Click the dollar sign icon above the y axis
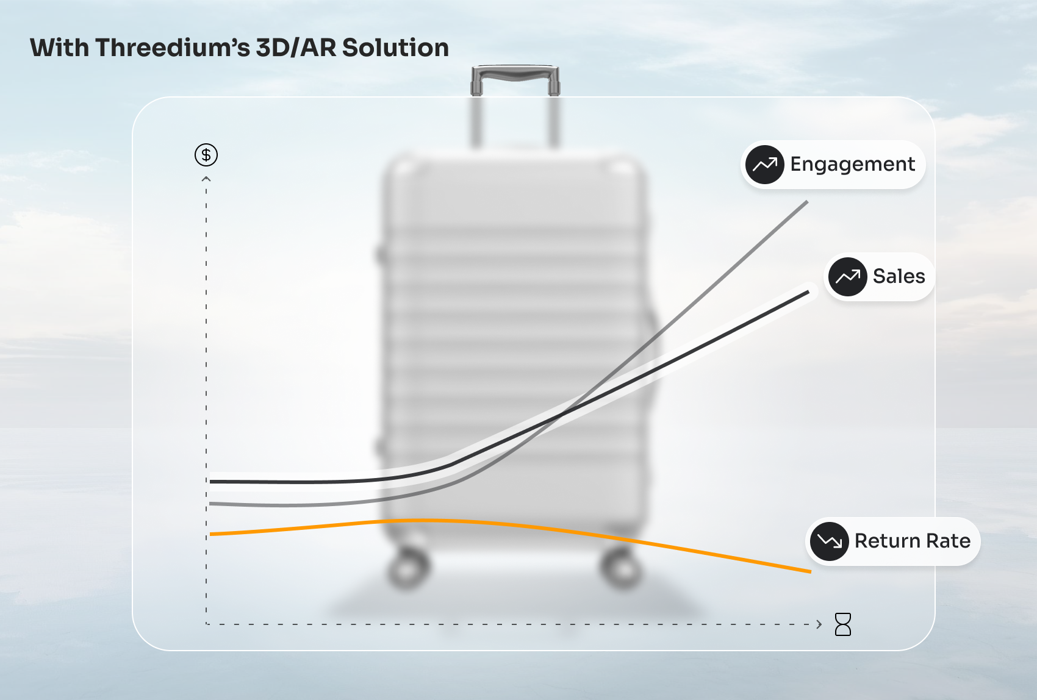pos(206,155)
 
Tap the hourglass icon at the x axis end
pos(842,624)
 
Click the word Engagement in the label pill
pos(852,165)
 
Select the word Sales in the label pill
pos(899,276)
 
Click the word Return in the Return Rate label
pos(884,541)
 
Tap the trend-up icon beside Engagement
pos(765,165)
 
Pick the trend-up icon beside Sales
pos(848,277)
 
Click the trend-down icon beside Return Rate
pos(829,541)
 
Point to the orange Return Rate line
pos(509,524)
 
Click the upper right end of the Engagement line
pos(808,202)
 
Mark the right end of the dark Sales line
pos(808,292)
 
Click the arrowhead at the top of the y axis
pos(206,179)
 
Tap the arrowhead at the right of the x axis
pos(819,624)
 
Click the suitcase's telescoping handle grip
pos(515,74)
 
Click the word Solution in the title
pos(395,48)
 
